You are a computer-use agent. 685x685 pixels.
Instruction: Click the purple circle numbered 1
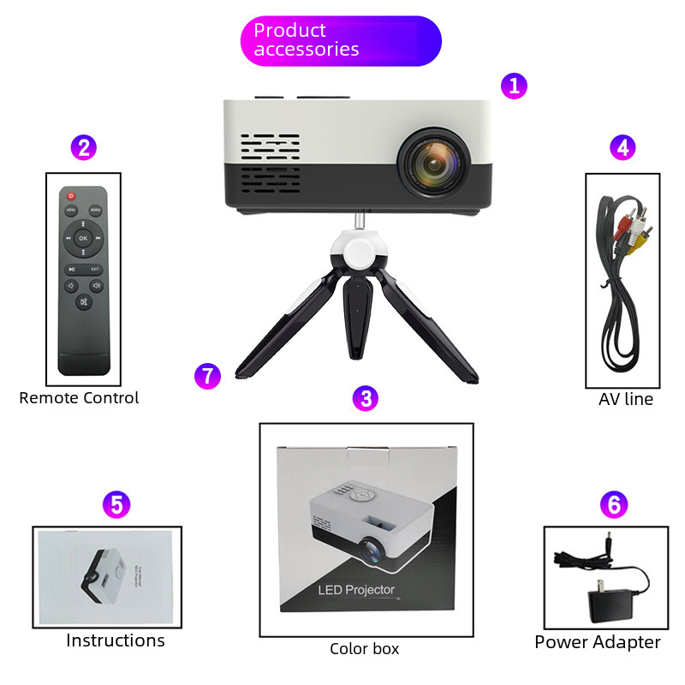[514, 86]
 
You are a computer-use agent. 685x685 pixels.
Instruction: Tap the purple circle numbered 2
[83, 147]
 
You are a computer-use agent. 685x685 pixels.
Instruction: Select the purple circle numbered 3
[366, 398]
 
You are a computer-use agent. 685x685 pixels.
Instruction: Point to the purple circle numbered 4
[622, 147]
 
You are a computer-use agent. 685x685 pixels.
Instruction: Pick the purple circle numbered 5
[116, 504]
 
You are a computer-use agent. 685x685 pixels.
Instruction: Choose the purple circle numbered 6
[612, 505]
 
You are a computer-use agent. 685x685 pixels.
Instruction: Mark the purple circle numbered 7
[207, 375]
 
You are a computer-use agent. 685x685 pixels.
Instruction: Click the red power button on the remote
[71, 197]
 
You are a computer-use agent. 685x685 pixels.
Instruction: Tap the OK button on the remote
[83, 237]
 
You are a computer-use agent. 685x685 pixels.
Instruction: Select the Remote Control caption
[79, 397]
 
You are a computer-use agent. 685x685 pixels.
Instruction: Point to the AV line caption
[625, 399]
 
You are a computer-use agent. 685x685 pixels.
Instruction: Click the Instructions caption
[116, 640]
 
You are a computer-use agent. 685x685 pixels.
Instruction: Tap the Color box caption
[365, 649]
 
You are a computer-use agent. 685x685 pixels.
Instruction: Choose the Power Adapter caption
[598, 642]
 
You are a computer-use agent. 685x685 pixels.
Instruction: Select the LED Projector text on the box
[356, 589]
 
